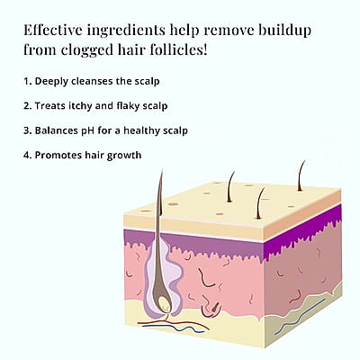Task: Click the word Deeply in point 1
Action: [51, 82]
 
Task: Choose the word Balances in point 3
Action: [57, 130]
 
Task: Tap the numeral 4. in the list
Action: [28, 156]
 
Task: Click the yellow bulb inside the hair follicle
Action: [164, 303]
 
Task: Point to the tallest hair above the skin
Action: [161, 192]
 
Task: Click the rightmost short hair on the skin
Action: [301, 175]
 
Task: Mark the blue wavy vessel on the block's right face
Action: [300, 317]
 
